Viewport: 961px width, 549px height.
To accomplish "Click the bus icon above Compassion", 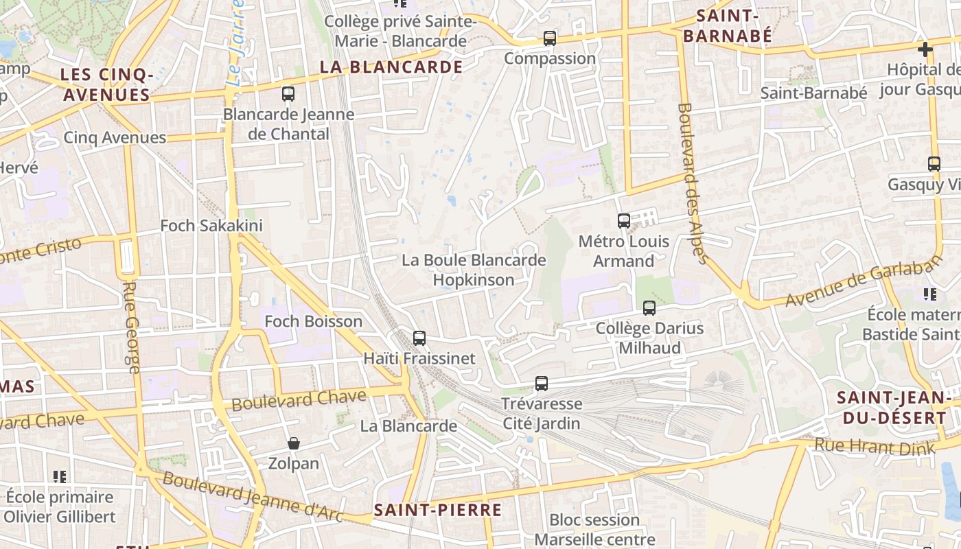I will pyautogui.click(x=550, y=38).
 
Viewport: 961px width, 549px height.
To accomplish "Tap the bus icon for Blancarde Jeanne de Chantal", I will pyautogui.click(x=288, y=94).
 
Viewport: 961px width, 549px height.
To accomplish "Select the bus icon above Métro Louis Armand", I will pyautogui.click(x=624, y=221).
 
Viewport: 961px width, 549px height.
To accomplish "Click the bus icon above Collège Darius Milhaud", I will pyautogui.click(x=649, y=308).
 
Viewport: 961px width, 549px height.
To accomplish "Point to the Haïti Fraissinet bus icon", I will pyautogui.click(x=419, y=338).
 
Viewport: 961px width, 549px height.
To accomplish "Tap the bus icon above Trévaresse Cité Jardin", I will pyautogui.click(x=542, y=384).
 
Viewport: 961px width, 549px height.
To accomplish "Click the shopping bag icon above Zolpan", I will pyautogui.click(x=294, y=444).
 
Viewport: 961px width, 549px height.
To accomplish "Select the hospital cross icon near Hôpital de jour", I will pyautogui.click(x=925, y=49).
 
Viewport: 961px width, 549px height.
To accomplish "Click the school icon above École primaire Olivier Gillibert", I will pyautogui.click(x=60, y=476).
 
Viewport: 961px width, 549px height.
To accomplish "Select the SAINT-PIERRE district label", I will pyautogui.click(x=438, y=510).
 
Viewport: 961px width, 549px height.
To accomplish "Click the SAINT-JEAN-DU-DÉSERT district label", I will pyautogui.click(x=892, y=408).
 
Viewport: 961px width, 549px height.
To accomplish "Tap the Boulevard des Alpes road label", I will pyautogui.click(x=692, y=183).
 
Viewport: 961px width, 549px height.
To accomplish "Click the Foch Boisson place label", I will pyautogui.click(x=314, y=322).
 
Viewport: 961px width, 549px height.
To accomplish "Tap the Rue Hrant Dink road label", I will pyautogui.click(x=874, y=447).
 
